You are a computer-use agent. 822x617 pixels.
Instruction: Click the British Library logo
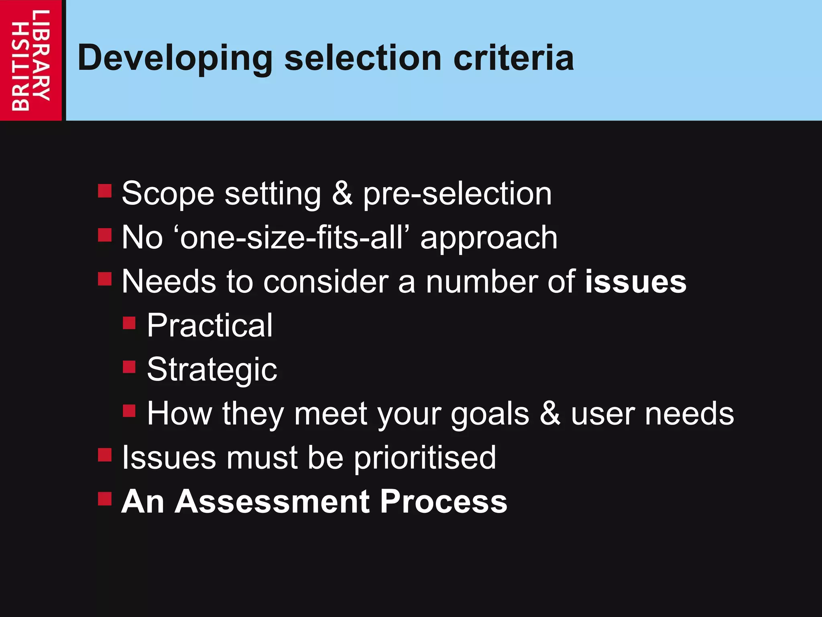coord(31,60)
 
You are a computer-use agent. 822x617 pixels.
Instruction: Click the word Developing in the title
coord(175,59)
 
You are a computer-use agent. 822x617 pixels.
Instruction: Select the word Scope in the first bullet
coord(168,194)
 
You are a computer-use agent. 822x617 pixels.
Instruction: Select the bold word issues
coord(635,282)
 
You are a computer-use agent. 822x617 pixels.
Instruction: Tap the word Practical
coord(210,325)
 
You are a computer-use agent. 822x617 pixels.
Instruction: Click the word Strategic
coord(212,370)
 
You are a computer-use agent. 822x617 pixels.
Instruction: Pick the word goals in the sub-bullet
coord(490,414)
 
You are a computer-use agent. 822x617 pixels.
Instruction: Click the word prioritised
coord(425,458)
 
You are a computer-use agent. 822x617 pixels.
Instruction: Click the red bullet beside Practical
coord(129,323)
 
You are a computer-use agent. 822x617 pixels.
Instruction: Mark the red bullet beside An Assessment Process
coord(105,499)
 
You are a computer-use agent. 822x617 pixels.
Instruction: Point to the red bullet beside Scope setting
coord(105,191)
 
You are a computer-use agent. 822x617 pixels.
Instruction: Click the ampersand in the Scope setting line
coord(342,194)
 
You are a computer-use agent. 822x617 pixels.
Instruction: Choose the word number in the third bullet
coord(482,282)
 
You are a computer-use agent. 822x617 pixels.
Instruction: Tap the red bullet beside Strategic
coord(129,367)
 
